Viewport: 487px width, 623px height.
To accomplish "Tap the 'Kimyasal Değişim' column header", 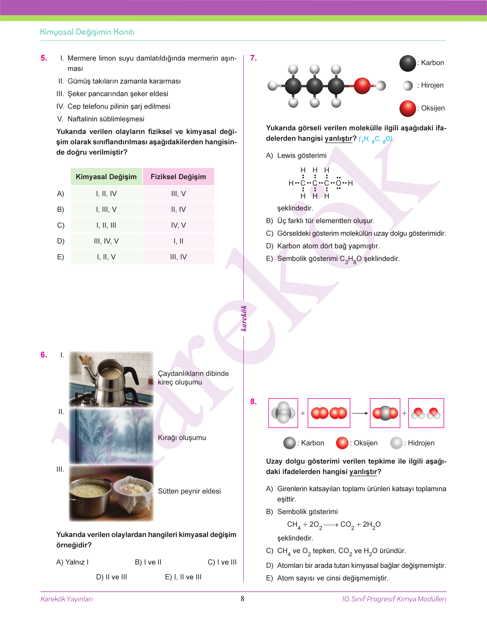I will click(x=106, y=177).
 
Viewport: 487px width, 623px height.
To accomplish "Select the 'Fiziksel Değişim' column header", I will click(x=178, y=177).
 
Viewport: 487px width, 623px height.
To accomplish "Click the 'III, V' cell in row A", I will click(x=178, y=194).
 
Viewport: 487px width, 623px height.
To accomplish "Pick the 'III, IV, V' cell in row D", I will click(x=106, y=241).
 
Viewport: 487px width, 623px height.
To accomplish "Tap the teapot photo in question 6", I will click(x=111, y=379).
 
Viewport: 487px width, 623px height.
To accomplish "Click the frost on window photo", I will click(x=111, y=436).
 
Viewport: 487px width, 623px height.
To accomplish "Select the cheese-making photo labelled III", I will click(x=111, y=493).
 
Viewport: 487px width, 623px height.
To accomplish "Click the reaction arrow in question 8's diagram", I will click(x=360, y=413).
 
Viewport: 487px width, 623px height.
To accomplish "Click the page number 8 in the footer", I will click(x=242, y=599).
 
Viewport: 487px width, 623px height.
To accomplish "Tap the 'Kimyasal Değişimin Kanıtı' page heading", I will click(x=87, y=32).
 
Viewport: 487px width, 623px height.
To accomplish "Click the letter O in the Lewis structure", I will click(x=338, y=183).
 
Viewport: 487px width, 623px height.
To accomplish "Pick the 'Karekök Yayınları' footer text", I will click(x=67, y=599).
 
